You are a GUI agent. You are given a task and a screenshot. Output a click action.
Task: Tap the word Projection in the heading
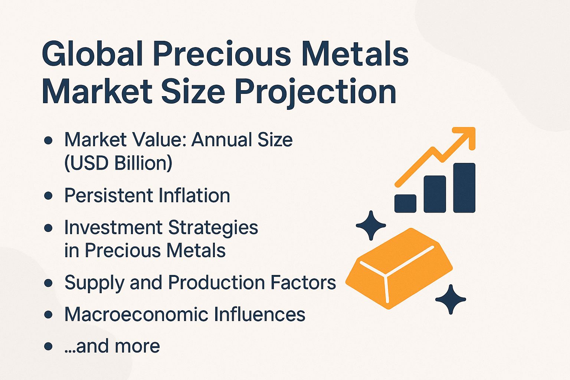[x=315, y=92]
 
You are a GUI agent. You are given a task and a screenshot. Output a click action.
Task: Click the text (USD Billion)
[x=118, y=163]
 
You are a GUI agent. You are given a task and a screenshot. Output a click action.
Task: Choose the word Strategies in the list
[x=213, y=228]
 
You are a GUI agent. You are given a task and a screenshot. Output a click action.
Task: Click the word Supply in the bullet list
[x=94, y=283]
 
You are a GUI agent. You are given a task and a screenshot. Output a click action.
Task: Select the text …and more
[x=112, y=346]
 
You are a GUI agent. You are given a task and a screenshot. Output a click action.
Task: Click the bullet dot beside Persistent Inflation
[x=48, y=196]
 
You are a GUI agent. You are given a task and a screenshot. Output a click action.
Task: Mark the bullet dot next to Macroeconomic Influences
[x=48, y=315]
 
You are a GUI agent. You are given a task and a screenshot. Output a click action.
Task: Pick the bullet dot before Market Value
[x=48, y=140]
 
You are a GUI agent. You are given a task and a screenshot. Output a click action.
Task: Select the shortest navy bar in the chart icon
[x=405, y=203]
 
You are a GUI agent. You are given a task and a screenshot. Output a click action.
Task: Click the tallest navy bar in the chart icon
[x=464, y=187]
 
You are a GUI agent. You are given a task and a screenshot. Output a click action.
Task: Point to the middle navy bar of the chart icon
[x=435, y=194]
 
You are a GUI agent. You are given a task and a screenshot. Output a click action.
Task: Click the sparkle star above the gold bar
[x=371, y=225]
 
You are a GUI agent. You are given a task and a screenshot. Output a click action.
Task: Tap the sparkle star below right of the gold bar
[x=451, y=299]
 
